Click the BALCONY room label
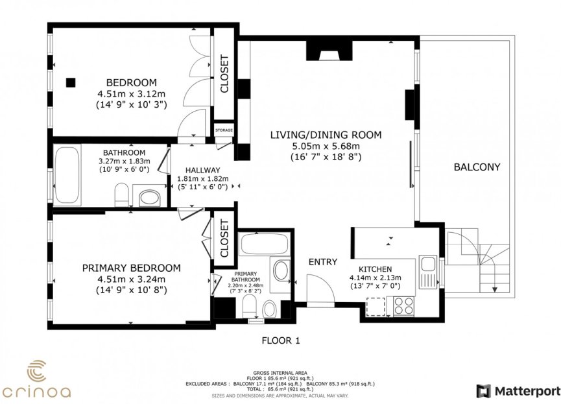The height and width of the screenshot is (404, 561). [x=477, y=167]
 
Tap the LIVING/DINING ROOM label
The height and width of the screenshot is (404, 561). [x=325, y=135]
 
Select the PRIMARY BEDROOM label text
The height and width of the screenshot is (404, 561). [x=131, y=268]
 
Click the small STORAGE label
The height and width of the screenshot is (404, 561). [x=224, y=130]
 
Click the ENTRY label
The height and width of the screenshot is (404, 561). [x=322, y=262]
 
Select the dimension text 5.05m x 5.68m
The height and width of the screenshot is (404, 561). [x=325, y=146]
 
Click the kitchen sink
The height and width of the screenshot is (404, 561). [x=428, y=265]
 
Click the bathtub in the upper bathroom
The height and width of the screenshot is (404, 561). [x=67, y=174]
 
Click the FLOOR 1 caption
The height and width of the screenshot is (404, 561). [x=280, y=340]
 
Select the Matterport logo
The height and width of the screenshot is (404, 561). [x=518, y=390]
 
